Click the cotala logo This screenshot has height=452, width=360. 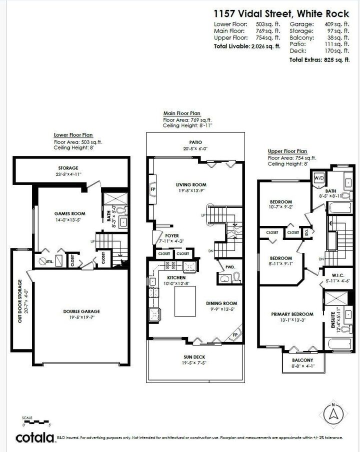click(35, 437)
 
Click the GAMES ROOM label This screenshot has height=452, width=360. click(69, 213)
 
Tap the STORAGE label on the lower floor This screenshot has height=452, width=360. click(67, 168)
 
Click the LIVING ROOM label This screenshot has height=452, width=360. click(191, 184)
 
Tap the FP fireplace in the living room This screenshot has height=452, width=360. click(152, 189)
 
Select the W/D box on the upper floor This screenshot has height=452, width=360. click(318, 177)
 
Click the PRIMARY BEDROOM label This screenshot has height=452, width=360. click(292, 314)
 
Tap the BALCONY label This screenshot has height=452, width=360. click(303, 360)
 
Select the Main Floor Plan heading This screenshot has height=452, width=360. click(181, 113)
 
